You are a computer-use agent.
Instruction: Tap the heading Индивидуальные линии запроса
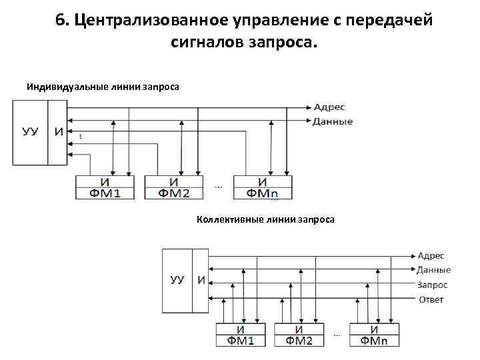pyautogui.click(x=103, y=87)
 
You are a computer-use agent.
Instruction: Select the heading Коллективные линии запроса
pyautogui.click(x=265, y=219)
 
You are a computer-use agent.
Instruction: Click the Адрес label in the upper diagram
pyautogui.click(x=331, y=107)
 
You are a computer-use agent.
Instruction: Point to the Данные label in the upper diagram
pyautogui.click(x=333, y=122)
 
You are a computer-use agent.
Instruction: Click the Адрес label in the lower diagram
pyautogui.click(x=431, y=255)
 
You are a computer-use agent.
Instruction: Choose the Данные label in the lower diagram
pyautogui.click(x=434, y=270)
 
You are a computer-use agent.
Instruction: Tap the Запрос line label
pyautogui.click(x=433, y=285)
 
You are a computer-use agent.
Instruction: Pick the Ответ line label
pyautogui.click(x=431, y=299)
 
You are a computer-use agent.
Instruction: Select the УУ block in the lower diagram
pyautogui.click(x=177, y=280)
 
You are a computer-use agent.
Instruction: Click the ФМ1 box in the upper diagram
pyautogui.click(x=106, y=193)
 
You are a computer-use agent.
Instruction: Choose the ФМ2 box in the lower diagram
pyautogui.click(x=300, y=341)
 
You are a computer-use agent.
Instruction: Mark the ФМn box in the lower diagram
pyautogui.click(x=375, y=341)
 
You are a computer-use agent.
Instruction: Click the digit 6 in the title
pyautogui.click(x=61, y=20)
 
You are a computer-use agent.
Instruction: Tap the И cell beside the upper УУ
pyautogui.click(x=59, y=131)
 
